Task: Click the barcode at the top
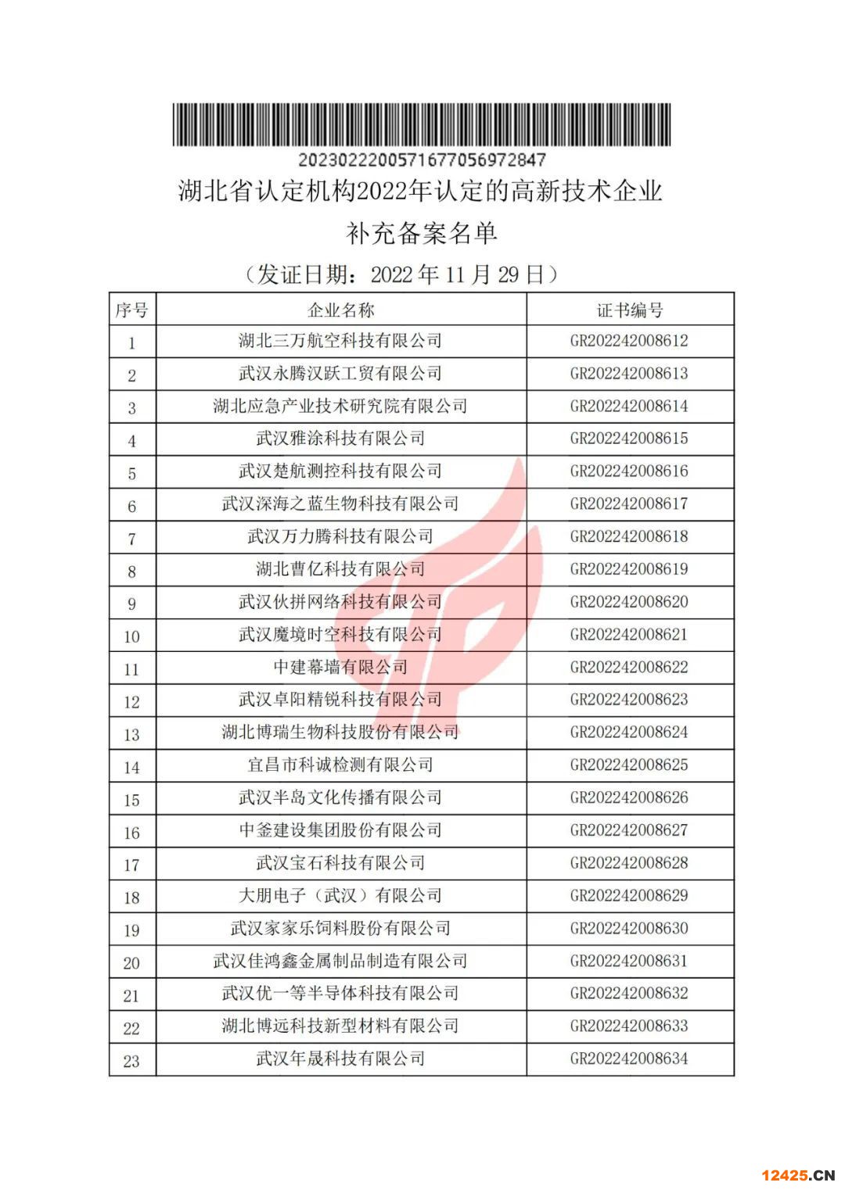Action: tap(421, 125)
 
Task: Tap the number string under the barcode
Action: tap(421, 159)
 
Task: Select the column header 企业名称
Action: tap(341, 310)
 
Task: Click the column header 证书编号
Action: tap(630, 310)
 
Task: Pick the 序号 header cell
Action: tap(131, 310)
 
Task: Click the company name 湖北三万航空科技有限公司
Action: tap(340, 341)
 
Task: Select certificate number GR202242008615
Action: tap(629, 439)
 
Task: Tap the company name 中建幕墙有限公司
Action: tap(340, 667)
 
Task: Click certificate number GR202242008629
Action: tap(629, 895)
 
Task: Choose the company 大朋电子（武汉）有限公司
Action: tap(340, 895)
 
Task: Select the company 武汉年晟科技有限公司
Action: tap(340, 1059)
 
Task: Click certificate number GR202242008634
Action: tap(629, 1059)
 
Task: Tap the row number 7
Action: tap(131, 539)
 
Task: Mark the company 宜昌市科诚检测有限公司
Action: tap(340, 765)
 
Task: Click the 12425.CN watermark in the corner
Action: tap(797, 1175)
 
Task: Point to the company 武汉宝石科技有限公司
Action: tap(340, 863)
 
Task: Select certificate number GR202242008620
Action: tap(629, 602)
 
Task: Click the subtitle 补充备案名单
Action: tap(421, 233)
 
